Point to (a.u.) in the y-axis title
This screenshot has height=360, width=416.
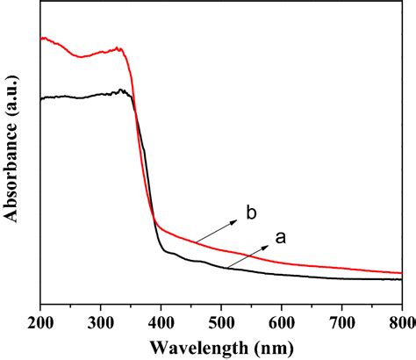tap(11, 90)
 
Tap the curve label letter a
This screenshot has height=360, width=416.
tap(281, 236)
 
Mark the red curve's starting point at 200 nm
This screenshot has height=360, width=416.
tap(41, 39)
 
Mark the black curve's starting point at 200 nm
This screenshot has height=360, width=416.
tap(41, 97)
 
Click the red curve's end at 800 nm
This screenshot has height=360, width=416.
tap(401, 272)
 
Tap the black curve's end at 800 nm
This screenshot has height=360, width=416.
tap(401, 279)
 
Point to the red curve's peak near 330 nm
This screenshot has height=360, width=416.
tap(118, 49)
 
